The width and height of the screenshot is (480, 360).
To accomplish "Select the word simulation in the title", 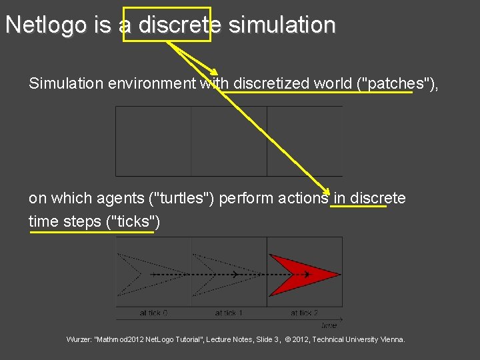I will point(282,25).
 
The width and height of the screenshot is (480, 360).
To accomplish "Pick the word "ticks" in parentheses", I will point(130,221).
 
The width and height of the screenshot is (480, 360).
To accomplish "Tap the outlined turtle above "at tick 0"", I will point(141,274).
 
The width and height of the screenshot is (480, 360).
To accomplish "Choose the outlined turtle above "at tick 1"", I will point(217,274).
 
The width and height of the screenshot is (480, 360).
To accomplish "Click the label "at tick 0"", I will point(154,313).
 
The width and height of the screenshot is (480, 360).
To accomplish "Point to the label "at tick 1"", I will point(229,313).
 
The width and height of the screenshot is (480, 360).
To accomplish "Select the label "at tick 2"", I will point(304,313).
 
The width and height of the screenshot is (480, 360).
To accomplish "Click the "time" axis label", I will point(329,325).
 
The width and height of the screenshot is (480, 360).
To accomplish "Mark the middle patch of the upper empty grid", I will point(229,141).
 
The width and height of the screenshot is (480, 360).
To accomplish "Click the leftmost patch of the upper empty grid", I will point(153,141).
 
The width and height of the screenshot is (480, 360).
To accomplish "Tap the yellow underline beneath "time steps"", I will point(91,232).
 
